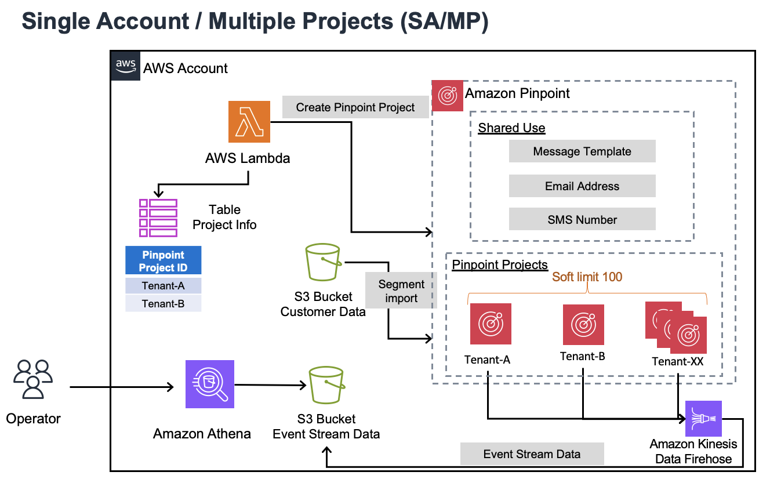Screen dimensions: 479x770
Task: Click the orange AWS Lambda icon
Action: (x=249, y=121)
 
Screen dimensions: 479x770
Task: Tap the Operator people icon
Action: (x=33, y=380)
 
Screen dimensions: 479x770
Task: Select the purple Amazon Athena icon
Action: (x=209, y=384)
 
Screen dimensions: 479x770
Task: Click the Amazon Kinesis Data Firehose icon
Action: (x=703, y=418)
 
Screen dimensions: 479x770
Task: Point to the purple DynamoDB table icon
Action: (x=158, y=217)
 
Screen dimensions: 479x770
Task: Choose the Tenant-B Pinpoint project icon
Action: (x=583, y=324)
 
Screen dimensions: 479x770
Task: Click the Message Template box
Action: (x=582, y=151)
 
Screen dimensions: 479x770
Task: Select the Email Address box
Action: (x=582, y=186)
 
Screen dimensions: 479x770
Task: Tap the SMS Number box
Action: (x=582, y=220)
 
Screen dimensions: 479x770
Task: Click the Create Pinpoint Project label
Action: (x=355, y=107)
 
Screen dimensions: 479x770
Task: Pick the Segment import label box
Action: (x=401, y=291)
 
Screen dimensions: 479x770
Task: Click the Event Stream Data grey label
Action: (x=532, y=454)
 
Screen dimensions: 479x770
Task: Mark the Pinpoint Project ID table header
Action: (x=164, y=261)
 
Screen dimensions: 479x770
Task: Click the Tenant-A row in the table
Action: (x=164, y=286)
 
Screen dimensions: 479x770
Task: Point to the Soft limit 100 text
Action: (x=587, y=277)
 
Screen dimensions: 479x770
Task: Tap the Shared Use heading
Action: (x=511, y=128)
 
